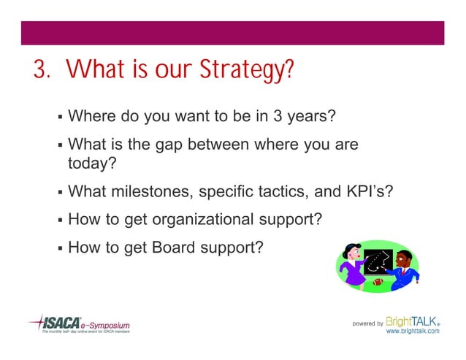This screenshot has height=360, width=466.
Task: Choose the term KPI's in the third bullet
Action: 365,193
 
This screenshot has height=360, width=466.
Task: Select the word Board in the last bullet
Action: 173,247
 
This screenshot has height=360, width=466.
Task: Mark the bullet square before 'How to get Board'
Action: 58,248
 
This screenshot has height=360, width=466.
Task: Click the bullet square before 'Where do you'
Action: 58,117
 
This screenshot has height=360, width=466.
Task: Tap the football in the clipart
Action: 378,280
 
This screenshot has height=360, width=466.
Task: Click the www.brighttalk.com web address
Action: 413,332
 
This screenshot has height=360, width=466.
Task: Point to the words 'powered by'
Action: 367,323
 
